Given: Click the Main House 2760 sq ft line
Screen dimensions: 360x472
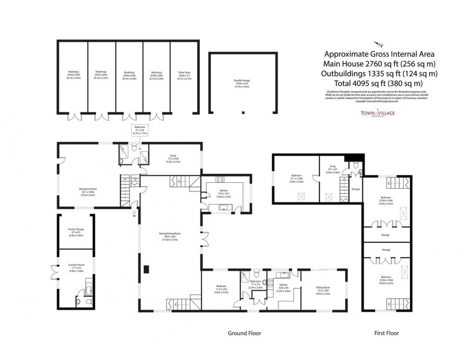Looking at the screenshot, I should pos(380,64).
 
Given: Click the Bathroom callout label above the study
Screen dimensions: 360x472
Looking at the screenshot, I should pos(139,130).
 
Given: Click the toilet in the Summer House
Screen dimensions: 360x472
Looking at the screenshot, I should pos(79,302).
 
